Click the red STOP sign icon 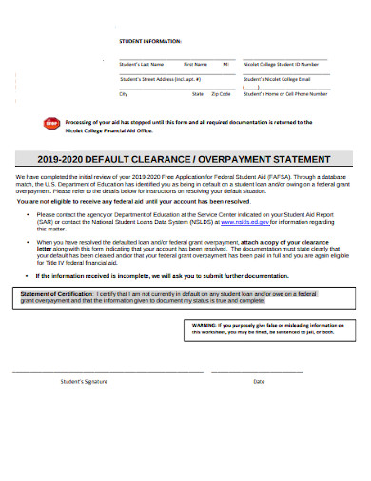click(51, 124)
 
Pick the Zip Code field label click(221, 94)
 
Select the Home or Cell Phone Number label click(285, 94)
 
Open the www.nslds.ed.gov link click(237, 224)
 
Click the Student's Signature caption click(84, 381)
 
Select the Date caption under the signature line click(259, 381)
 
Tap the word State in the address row click(198, 94)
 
